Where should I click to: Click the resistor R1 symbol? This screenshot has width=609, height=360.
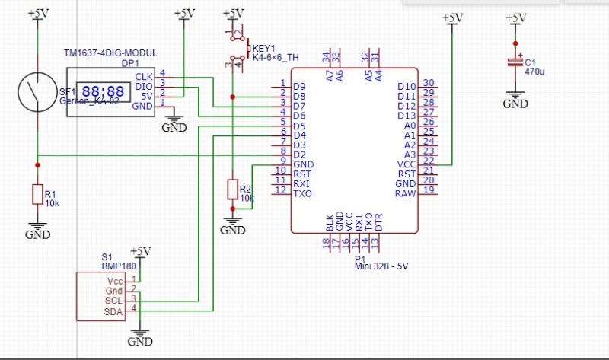coord(37,195)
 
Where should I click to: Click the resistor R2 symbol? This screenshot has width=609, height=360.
coord(232,190)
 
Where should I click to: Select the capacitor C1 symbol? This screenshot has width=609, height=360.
coord(515,65)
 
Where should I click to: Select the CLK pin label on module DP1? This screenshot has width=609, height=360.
coord(144,77)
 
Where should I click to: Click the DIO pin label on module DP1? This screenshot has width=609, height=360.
coord(144,86)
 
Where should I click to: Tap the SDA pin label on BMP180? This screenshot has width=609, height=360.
coord(113,312)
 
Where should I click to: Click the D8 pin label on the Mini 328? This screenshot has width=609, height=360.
coord(299,96)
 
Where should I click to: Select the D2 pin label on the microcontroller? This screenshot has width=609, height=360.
coord(299,155)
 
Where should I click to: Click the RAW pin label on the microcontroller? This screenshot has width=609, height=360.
coord(406,193)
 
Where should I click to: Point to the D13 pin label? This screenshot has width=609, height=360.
coord(407,115)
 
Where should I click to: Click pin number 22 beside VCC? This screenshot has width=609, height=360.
coord(429,160)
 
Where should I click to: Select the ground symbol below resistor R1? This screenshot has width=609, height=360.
coord(37,230)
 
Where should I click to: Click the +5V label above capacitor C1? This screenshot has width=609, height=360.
coord(515,17)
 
